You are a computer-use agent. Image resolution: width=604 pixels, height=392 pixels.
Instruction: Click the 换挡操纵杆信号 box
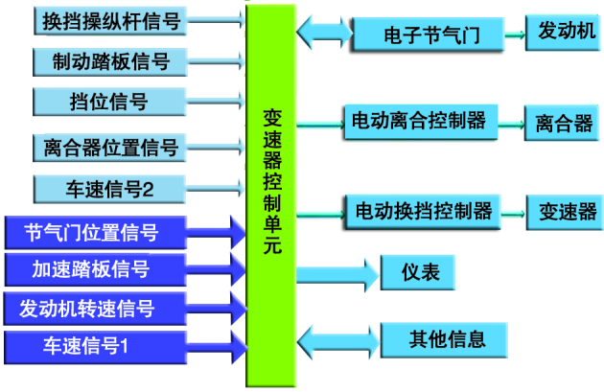point(111,20)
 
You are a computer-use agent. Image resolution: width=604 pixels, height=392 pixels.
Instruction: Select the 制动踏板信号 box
point(111,62)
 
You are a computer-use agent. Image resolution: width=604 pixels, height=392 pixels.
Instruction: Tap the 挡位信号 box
point(111,103)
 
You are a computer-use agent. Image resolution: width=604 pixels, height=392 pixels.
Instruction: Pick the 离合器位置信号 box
point(111,147)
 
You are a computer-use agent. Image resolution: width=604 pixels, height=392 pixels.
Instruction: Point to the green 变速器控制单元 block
point(271,192)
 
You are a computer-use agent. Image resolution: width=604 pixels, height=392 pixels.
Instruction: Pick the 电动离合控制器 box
point(418,123)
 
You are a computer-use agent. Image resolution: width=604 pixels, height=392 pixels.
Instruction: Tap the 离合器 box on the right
point(563,123)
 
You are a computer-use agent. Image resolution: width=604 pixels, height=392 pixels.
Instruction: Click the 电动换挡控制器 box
point(422,210)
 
